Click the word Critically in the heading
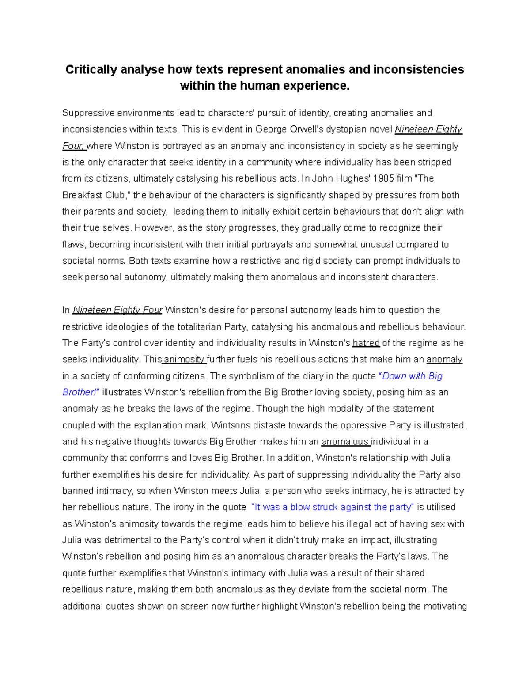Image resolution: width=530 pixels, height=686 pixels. click(x=91, y=70)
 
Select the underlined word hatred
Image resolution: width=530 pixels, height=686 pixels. click(x=366, y=343)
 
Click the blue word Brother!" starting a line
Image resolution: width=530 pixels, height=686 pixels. click(x=81, y=393)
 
